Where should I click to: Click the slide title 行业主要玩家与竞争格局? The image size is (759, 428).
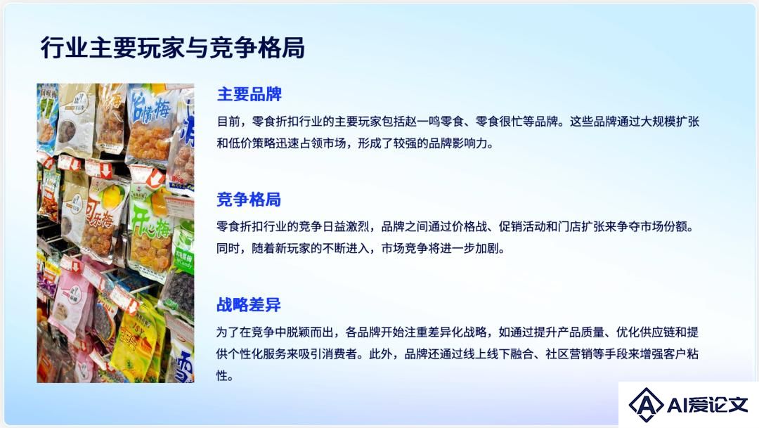[173, 48]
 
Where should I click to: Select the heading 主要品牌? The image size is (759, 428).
[249, 94]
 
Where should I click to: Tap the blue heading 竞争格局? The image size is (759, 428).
[249, 199]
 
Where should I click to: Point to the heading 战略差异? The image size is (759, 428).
[249, 304]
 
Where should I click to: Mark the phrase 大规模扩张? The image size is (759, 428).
[670, 121]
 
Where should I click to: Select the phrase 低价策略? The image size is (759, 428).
[252, 143]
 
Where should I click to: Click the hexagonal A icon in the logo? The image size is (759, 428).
[647, 404]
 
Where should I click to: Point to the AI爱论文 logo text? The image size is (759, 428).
[707, 405]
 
